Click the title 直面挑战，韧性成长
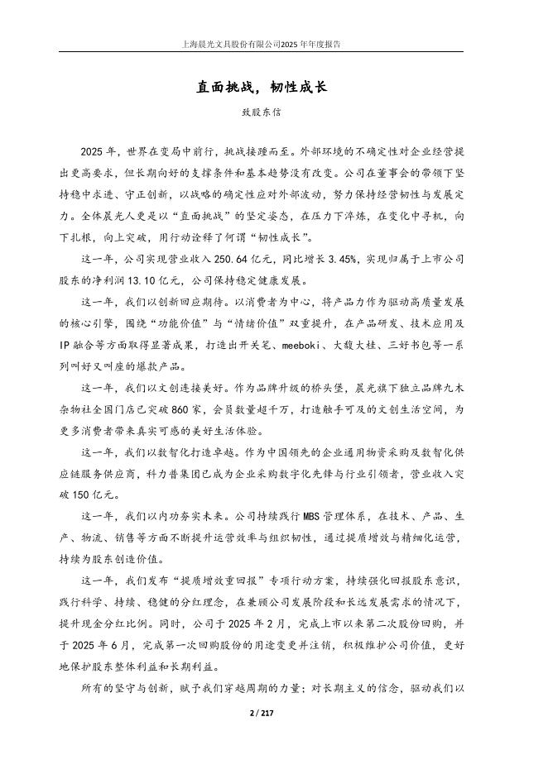click(x=273, y=84)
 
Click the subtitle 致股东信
click(x=273, y=109)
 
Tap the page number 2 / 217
click(x=273, y=712)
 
